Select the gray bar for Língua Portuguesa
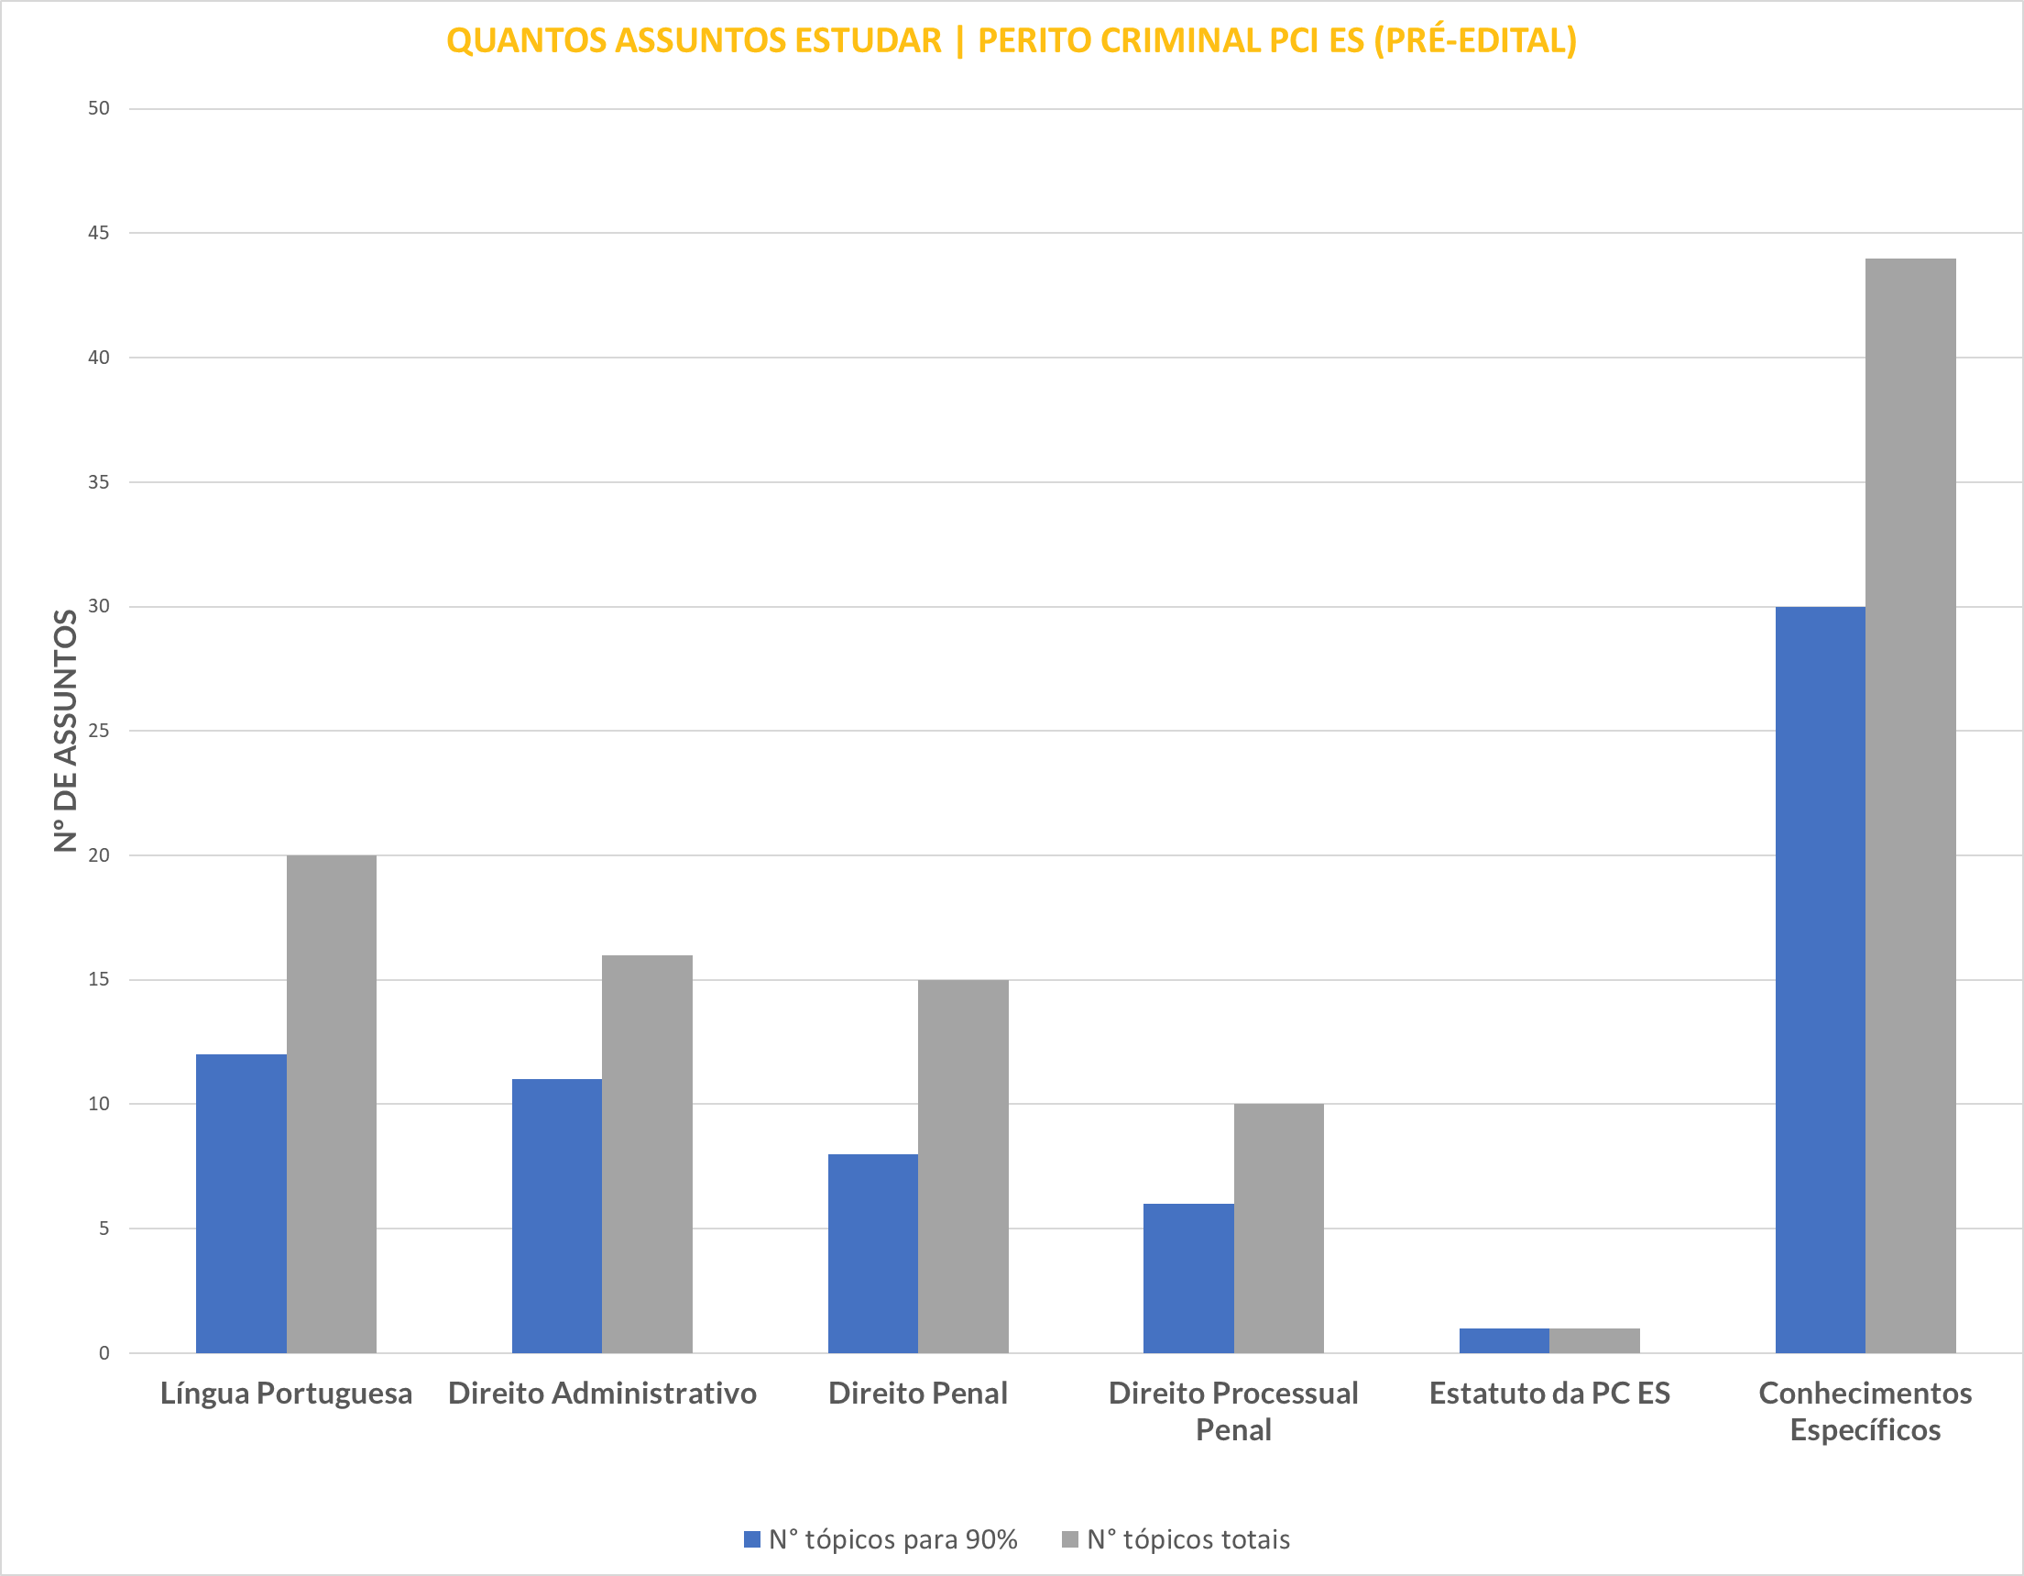tap(331, 1103)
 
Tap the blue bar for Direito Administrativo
tap(556, 1216)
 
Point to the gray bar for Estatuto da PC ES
tap(1594, 1340)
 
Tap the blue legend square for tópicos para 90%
tap(752, 1539)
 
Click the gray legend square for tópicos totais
tap(1070, 1539)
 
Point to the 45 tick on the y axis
tap(98, 233)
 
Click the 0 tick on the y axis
tap(104, 1352)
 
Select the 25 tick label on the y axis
tap(98, 731)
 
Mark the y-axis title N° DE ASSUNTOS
tap(65, 731)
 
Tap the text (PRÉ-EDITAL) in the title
tap(1474, 40)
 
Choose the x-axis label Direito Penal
tap(917, 1393)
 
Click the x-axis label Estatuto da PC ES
tap(1549, 1393)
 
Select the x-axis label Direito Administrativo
tap(602, 1393)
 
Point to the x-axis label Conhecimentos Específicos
tap(1865, 1411)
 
